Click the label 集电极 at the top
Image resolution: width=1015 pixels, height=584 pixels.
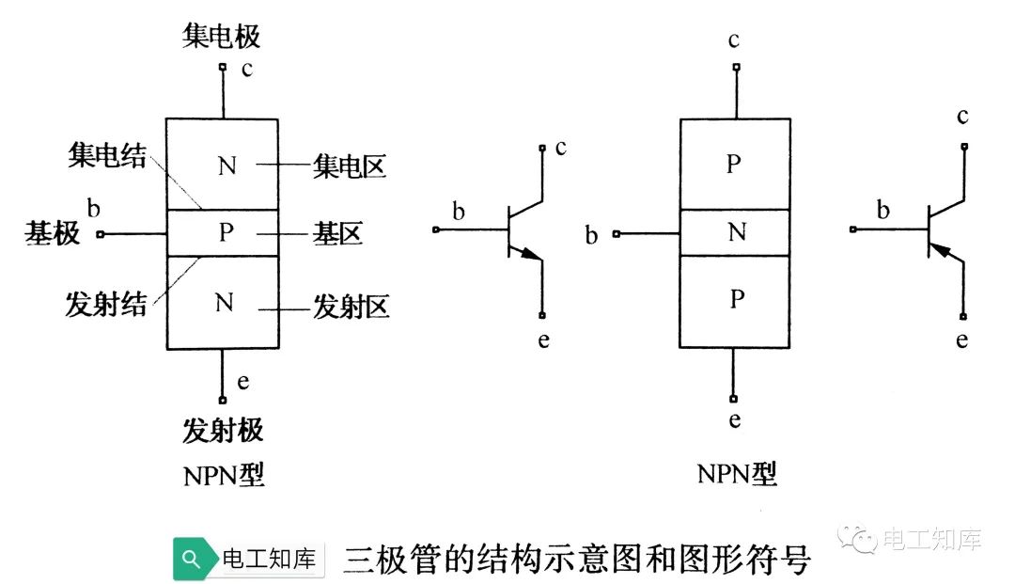tap(221, 37)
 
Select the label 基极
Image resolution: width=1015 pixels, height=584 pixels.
tap(53, 233)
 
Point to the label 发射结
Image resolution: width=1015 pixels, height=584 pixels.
tap(106, 305)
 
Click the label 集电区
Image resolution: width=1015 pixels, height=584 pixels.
tap(350, 167)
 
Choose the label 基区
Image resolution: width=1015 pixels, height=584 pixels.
tap(337, 233)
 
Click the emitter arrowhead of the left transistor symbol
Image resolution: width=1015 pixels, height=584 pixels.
tap(533, 254)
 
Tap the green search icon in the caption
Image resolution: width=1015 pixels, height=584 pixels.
tap(192, 560)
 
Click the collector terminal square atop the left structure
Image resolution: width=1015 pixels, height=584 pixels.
tap(223, 67)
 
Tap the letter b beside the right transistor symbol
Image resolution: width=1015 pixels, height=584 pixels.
tap(882, 211)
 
